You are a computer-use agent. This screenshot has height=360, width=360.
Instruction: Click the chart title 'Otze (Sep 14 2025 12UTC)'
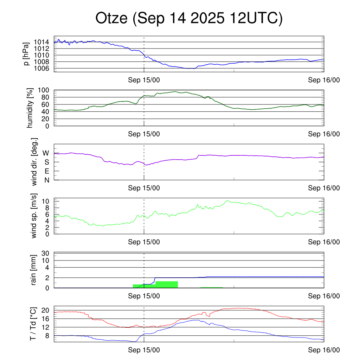[189, 19]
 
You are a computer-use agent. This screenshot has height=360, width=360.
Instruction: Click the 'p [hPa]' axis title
[26, 54]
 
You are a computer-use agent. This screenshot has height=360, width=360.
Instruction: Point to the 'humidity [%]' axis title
[31, 108]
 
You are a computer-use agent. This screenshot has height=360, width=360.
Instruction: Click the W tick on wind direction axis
[46, 153]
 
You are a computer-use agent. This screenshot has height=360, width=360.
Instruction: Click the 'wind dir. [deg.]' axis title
[34, 162]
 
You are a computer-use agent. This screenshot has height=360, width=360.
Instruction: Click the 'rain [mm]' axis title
[34, 270]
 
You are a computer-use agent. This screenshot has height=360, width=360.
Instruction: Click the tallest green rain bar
[166, 284]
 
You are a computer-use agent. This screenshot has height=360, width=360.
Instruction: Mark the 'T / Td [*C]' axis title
[33, 324]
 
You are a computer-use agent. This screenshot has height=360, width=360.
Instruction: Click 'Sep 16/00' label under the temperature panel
[324, 350]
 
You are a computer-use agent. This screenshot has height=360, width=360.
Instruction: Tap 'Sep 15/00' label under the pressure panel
[144, 80]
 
